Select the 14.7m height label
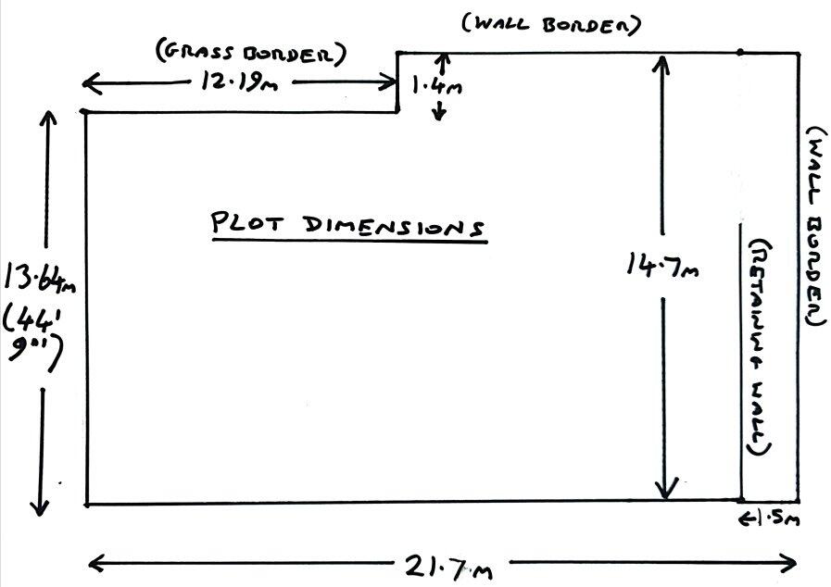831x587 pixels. pos(661,266)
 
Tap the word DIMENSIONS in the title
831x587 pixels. pos(394,225)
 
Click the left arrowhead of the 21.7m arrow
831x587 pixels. pos(92,561)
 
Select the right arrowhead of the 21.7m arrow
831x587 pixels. pos(792,562)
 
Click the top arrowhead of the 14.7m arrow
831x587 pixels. pos(661,63)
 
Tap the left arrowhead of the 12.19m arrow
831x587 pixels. pos(89,85)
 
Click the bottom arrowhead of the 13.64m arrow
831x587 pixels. pos(40,506)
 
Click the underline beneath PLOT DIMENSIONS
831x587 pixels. pos(348,242)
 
